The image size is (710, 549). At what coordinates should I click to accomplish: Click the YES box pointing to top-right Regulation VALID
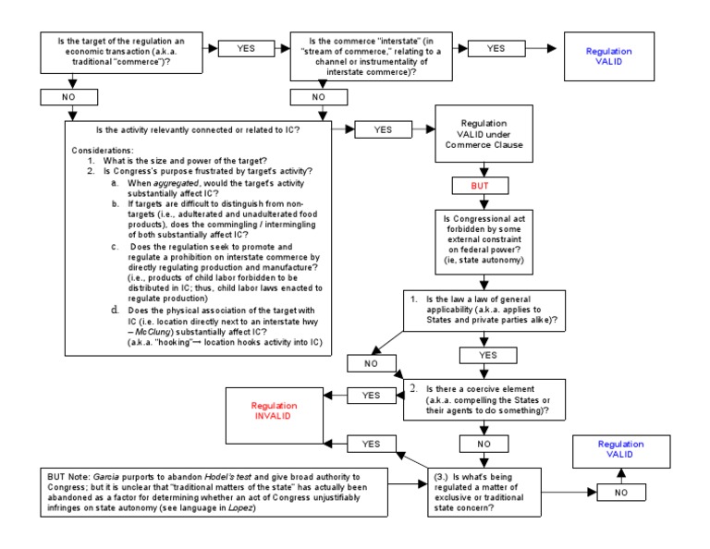point(496,48)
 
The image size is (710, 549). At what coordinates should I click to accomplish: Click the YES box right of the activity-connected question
point(383,130)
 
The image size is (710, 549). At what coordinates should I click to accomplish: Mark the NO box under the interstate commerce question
point(317,95)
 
